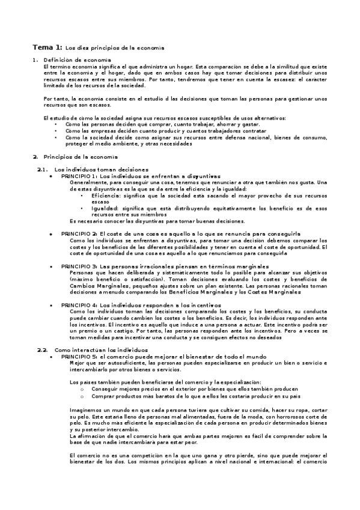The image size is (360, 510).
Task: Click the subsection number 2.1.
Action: coord(42,170)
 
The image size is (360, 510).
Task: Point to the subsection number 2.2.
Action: coord(42,349)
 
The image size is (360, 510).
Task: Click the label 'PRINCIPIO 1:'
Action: coord(80,176)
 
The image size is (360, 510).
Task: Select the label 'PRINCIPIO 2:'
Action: coord(80,233)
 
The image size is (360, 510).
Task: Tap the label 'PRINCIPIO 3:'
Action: coord(80,265)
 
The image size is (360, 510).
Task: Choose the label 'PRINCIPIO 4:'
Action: coord(80,306)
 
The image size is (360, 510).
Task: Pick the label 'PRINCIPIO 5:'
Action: coord(80,356)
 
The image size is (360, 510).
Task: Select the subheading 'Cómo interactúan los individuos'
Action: coord(100,349)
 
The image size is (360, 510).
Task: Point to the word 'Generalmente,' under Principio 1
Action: coord(88,182)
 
